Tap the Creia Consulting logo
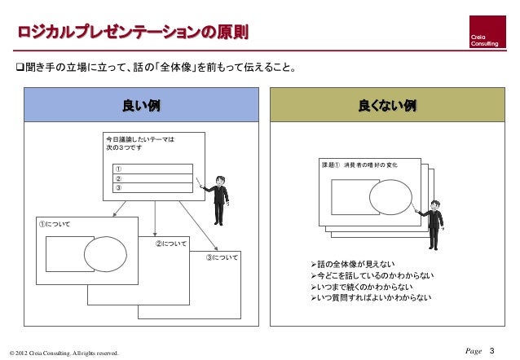[x=487, y=33]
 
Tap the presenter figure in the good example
[x=218, y=200]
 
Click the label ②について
[x=171, y=244]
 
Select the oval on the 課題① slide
[x=390, y=195]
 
